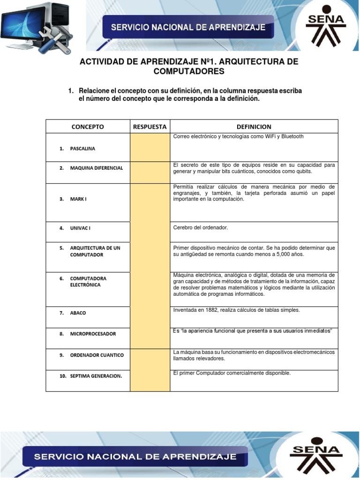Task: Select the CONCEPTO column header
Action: [x=88, y=127]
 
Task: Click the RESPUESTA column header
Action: [x=150, y=127]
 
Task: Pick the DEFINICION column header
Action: [x=254, y=127]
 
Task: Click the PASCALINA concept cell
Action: [x=82, y=149]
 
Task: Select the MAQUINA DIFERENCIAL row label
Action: [x=96, y=168]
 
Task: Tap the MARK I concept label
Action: [x=78, y=199]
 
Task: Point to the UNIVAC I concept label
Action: [x=80, y=228]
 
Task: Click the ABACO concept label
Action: [x=78, y=313]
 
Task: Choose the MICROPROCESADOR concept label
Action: [x=93, y=334]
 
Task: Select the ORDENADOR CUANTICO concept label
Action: [x=97, y=355]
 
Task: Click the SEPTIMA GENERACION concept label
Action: [x=96, y=376]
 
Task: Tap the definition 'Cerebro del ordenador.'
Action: [x=200, y=227]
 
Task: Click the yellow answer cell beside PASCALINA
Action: [x=150, y=147]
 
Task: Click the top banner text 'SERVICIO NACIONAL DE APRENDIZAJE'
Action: [x=188, y=28]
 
